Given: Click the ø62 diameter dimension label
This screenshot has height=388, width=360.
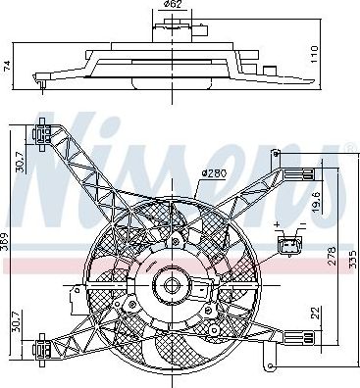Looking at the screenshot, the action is tap(172, 4).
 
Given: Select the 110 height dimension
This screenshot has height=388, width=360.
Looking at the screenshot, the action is tap(314, 54).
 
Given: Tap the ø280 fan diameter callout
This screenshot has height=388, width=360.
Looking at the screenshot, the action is tap(214, 173).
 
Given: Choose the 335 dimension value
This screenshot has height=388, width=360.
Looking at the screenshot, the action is tap(352, 259).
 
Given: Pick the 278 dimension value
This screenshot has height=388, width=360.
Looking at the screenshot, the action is tap(332, 256).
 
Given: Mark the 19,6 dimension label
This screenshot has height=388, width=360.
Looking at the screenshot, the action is tap(317, 202).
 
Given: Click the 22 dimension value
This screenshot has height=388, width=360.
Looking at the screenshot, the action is tap(316, 313).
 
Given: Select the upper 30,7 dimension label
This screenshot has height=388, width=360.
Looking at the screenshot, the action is tap(21, 162).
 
